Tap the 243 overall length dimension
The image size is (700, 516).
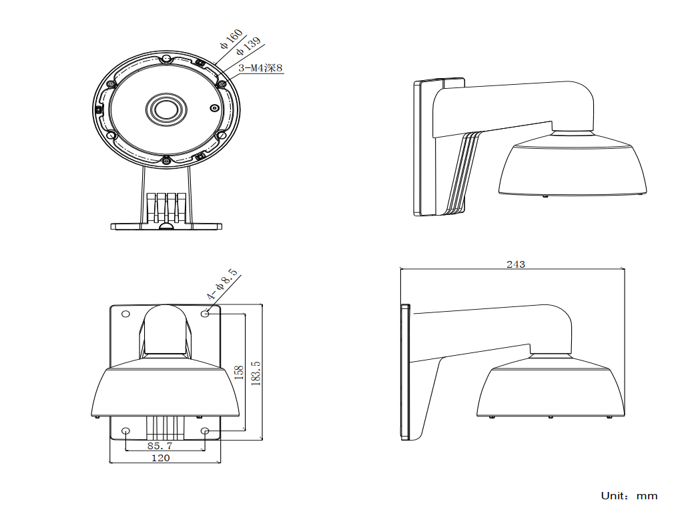tap(515, 264)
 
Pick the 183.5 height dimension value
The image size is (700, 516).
tap(255, 372)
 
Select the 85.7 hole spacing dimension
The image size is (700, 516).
tap(159, 445)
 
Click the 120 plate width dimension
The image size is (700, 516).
tap(160, 458)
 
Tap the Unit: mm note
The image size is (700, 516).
tap(629, 496)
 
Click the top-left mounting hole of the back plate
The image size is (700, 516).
tap(125, 314)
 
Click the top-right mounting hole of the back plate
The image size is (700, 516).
tap(205, 313)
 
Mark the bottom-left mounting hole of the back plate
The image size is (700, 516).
tap(126, 431)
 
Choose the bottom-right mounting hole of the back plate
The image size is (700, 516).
tap(205, 431)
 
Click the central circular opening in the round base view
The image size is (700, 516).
tap(163, 109)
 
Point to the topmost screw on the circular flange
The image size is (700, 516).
tap(166, 59)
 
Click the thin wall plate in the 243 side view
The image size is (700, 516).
tap(404, 372)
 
